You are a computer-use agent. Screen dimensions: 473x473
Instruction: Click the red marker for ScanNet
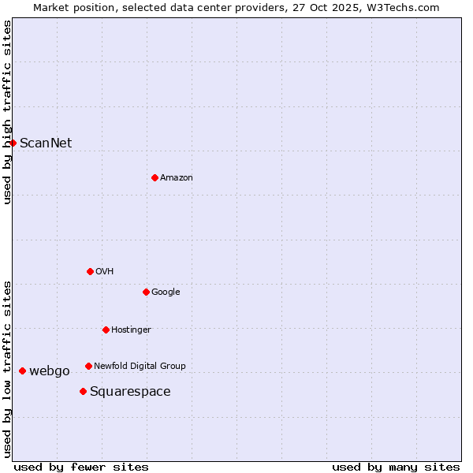click(x=13, y=143)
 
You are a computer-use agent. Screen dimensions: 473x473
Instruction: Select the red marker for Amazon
click(x=155, y=177)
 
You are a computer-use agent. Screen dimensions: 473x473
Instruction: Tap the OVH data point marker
click(x=90, y=271)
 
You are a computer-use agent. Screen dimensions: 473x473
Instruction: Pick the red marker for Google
click(x=146, y=292)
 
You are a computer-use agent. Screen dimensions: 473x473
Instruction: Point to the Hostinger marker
click(x=106, y=330)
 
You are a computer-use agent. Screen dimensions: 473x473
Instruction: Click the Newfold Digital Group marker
click(x=88, y=366)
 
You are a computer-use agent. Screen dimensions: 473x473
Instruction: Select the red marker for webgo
click(x=22, y=371)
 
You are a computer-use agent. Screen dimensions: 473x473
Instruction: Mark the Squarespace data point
click(x=83, y=391)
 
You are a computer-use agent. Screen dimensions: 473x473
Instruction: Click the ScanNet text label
click(x=46, y=143)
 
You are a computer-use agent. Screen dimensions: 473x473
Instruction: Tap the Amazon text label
click(x=176, y=177)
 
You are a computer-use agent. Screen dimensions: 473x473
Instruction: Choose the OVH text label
click(x=105, y=271)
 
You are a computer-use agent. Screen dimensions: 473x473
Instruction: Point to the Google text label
click(x=166, y=292)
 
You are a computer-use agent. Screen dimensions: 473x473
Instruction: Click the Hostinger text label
click(x=131, y=330)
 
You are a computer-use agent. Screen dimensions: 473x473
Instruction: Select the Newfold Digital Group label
click(x=140, y=366)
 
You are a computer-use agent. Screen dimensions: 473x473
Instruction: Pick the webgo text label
click(x=50, y=371)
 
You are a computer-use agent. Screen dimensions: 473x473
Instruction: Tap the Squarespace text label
click(x=130, y=391)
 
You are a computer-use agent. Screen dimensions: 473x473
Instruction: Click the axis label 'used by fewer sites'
click(x=81, y=467)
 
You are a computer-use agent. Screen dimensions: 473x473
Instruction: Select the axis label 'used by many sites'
click(x=396, y=467)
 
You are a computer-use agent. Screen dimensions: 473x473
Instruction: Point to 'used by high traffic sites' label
click(x=7, y=112)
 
